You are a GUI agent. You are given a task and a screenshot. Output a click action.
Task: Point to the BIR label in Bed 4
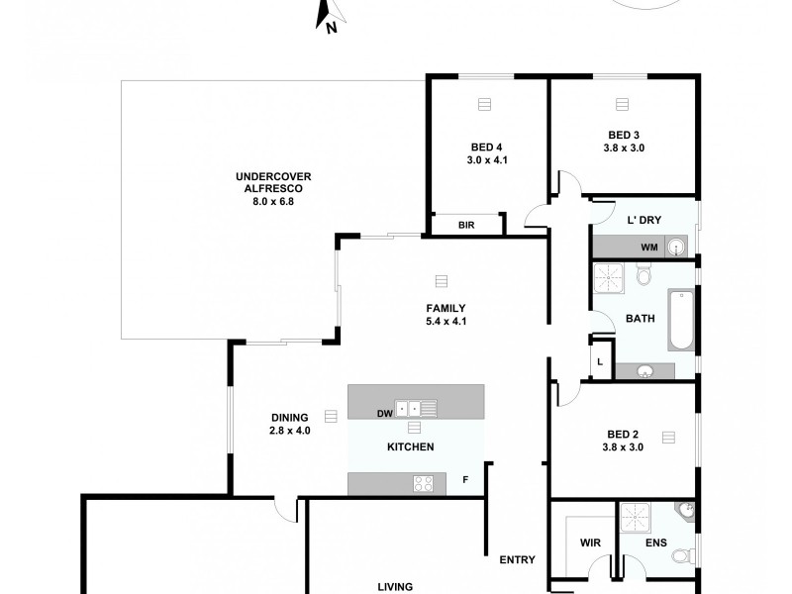coord(466,226)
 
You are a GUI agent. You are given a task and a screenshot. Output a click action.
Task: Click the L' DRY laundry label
coord(644,218)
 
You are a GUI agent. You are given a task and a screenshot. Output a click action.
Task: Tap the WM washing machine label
coord(648,247)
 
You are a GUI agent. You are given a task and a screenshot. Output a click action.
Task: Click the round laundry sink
coord(677,247)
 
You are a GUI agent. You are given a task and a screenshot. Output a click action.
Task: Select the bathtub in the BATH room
coord(681,320)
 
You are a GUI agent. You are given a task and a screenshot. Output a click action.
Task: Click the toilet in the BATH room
coord(643,274)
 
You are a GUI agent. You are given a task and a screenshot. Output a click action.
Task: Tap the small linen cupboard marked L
coord(600,361)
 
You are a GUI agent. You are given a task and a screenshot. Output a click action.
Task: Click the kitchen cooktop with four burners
coord(425,483)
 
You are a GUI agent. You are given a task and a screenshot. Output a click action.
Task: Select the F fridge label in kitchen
coord(464,481)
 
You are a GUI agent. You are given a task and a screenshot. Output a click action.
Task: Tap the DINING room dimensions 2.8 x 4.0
coord(290,431)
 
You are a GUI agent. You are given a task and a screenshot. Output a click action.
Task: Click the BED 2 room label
coord(624,441)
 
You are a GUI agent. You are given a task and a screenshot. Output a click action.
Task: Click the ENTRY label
coord(517,559)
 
